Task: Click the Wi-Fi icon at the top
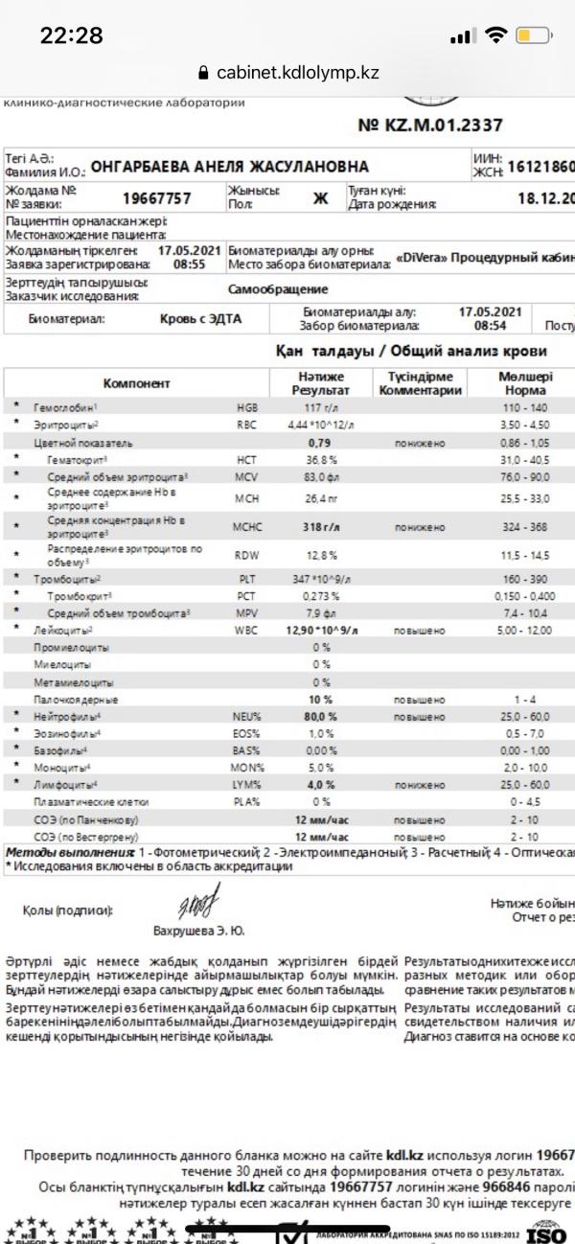[x=495, y=35]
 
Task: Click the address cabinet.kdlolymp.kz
[x=298, y=73]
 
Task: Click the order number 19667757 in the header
[x=157, y=198]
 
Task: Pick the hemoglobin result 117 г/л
[x=315, y=407]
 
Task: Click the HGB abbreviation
[x=247, y=407]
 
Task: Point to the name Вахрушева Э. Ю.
[x=198, y=930]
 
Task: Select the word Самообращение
[x=278, y=288]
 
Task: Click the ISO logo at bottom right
[x=547, y=1230]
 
